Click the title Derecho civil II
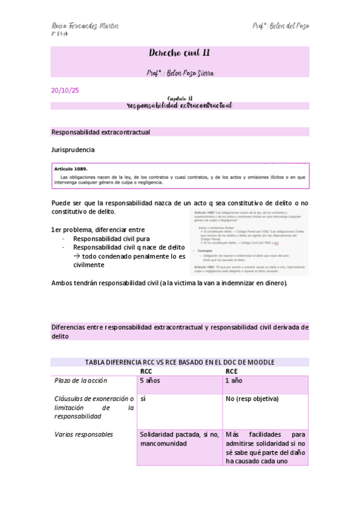(180, 54)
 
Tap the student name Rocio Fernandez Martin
(85, 26)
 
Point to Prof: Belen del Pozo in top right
(281, 26)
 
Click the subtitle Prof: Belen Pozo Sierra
(180, 72)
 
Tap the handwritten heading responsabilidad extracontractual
(180, 105)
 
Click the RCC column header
(146, 372)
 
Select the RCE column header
(231, 372)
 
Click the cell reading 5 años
(150, 381)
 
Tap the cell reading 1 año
(234, 381)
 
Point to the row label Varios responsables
(84, 434)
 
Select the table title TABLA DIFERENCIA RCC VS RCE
(180, 362)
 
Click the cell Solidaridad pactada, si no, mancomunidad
(178, 438)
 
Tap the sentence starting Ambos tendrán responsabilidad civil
(169, 283)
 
